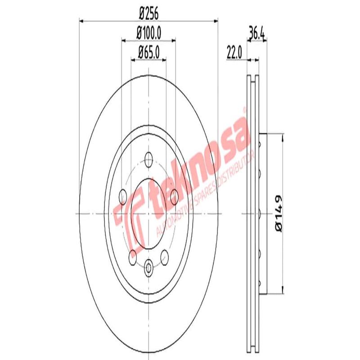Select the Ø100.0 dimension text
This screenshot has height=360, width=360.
(148, 33)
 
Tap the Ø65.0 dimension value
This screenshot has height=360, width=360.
(148, 52)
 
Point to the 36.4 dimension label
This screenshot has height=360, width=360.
(256, 33)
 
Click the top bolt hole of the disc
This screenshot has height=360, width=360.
(148, 158)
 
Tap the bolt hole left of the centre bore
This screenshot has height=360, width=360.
(122, 196)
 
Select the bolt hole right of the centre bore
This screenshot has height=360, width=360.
(175, 196)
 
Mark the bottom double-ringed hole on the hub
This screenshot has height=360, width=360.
(148, 268)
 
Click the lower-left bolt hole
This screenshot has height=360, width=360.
(132, 256)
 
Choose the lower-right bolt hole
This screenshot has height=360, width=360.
(165, 256)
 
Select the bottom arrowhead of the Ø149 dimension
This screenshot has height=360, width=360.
(283, 291)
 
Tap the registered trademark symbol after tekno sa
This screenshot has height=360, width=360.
(244, 109)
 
